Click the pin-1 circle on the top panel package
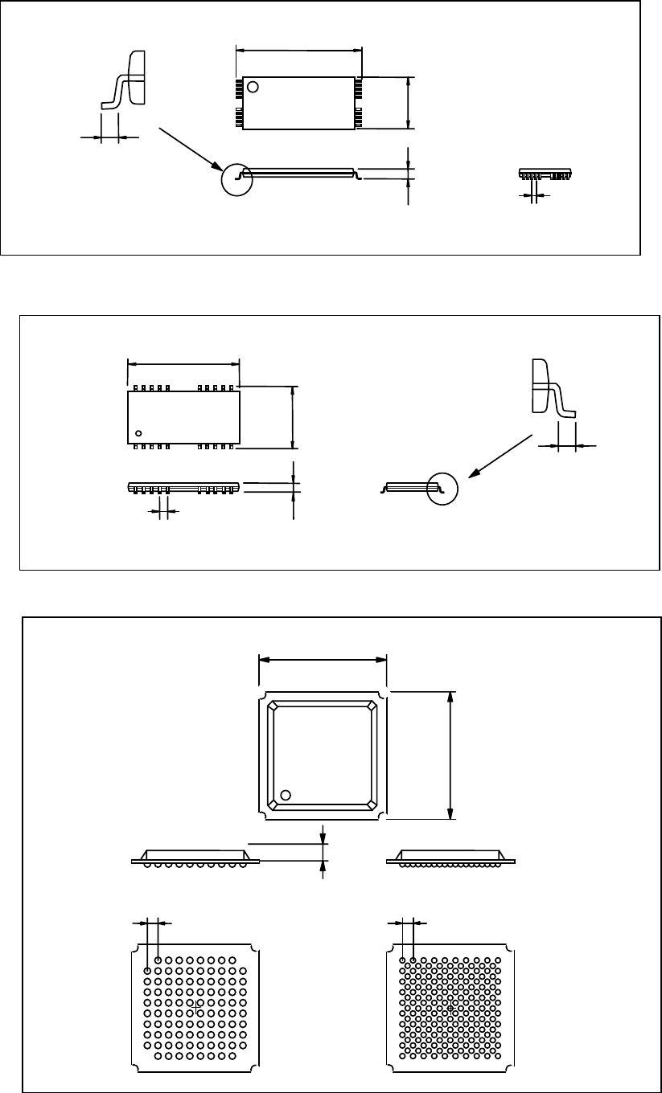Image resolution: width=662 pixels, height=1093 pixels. coord(253,87)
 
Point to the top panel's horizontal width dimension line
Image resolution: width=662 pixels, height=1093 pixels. coord(298,50)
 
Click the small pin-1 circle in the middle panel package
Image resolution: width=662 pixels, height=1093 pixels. coord(138,433)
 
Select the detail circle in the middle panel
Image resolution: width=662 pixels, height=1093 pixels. coord(442,489)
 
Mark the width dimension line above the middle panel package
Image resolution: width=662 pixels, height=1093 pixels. coord(184,362)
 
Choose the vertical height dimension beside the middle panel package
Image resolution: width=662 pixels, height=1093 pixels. coord(293,417)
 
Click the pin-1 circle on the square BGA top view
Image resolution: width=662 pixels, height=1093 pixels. coord(285,796)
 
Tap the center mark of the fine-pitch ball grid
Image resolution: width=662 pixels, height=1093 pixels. coord(450,1005)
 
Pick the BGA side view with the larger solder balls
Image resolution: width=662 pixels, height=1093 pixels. coord(195,858)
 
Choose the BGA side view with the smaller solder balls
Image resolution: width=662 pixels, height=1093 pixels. coord(450,858)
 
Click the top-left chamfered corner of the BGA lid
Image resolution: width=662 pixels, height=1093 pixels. coord(274,707)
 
